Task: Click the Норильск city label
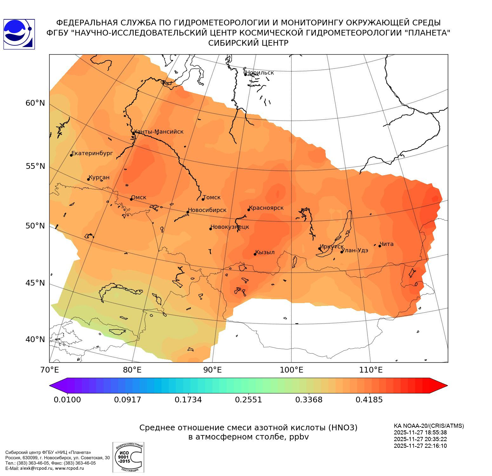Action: click(x=260, y=73)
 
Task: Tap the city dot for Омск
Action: click(x=131, y=199)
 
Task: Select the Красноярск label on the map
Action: click(x=266, y=208)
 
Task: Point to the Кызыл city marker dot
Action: click(x=255, y=254)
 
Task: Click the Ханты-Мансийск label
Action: click(x=159, y=132)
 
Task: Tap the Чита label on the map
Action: click(x=387, y=244)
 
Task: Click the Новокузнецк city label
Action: click(x=230, y=227)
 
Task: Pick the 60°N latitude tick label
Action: click(x=35, y=103)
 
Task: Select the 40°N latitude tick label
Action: click(x=35, y=339)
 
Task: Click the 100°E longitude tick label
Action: click(x=291, y=370)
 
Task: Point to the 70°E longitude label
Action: click(x=49, y=370)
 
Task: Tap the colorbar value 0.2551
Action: click(x=249, y=400)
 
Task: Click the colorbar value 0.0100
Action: click(x=67, y=400)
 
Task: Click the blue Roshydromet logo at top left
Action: click(x=19, y=34)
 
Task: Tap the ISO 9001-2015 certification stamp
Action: click(x=128, y=457)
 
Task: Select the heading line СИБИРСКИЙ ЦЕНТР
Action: click(x=248, y=43)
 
